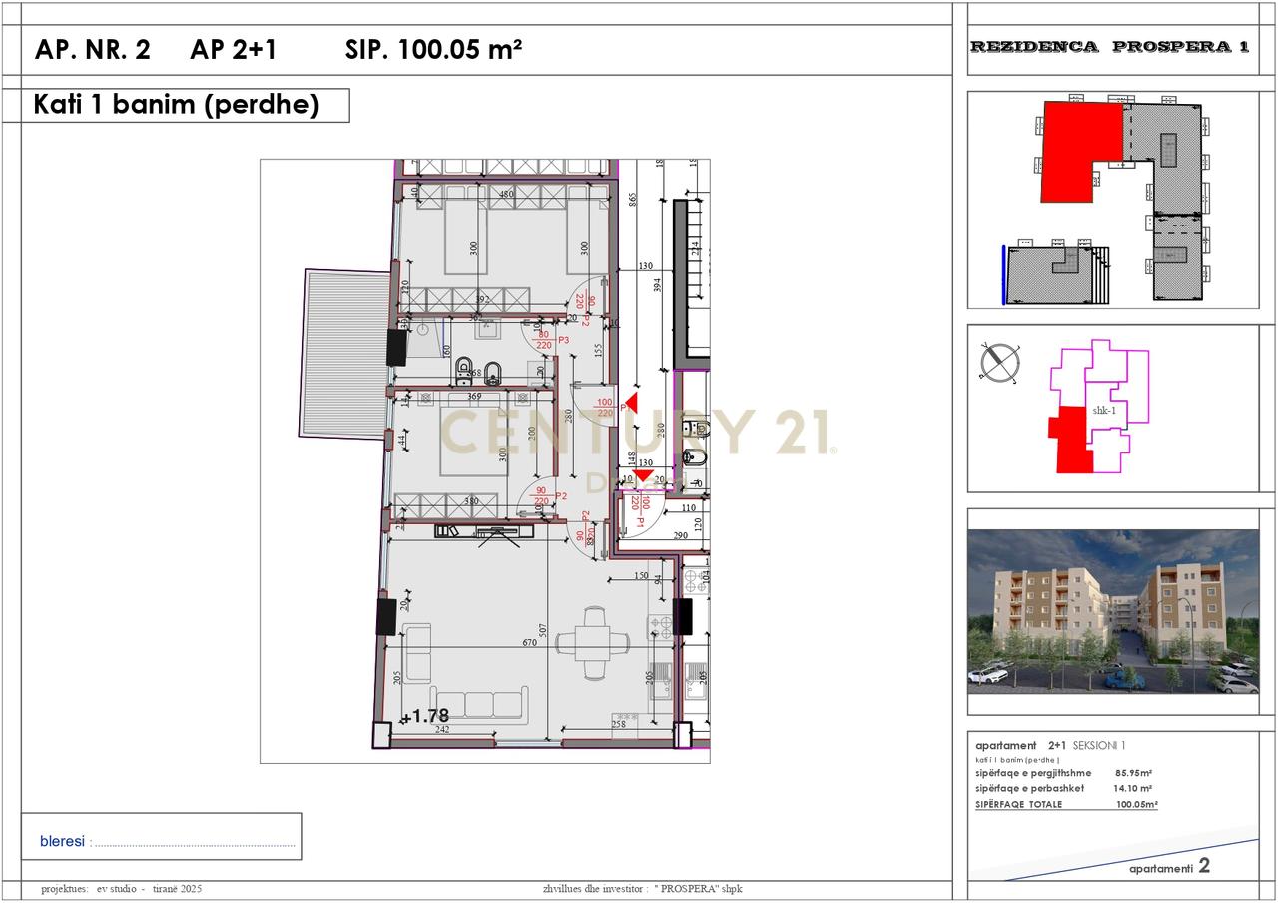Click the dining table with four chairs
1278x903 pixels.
pyautogui.click(x=593, y=642)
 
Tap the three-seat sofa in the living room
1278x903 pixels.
pyautogui.click(x=479, y=703)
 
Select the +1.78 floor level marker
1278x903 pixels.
pyautogui.click(x=425, y=716)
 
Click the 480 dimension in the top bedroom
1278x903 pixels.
pyautogui.click(x=506, y=194)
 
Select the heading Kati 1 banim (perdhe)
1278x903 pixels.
pyautogui.click(x=177, y=105)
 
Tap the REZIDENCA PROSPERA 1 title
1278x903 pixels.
pyautogui.click(x=1109, y=47)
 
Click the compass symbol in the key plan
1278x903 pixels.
pyautogui.click(x=1000, y=362)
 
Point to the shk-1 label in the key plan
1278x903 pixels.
pyautogui.click(x=1104, y=410)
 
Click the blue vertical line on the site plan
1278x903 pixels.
pyautogui.click(x=1003, y=274)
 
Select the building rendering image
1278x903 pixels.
pyautogui.click(x=1112, y=611)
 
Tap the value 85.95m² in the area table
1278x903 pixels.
pyautogui.click(x=1134, y=773)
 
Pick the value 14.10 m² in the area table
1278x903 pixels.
pyautogui.click(x=1132, y=788)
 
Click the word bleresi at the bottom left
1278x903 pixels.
pyautogui.click(x=62, y=842)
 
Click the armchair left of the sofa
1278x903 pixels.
pyautogui.click(x=417, y=644)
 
